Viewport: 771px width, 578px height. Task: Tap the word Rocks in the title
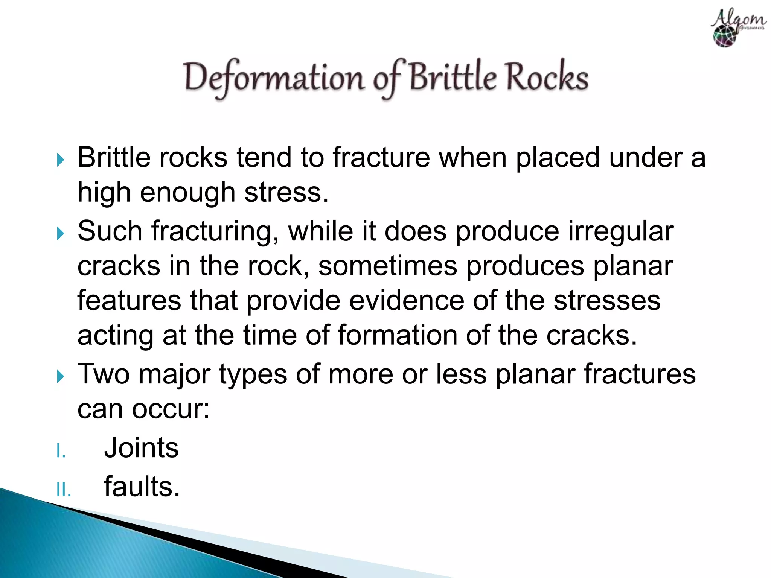546,77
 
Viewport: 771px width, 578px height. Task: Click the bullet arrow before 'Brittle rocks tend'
60,160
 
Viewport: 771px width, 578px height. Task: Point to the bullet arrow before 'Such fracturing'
60,234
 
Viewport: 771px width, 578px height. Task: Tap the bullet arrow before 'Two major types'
60,376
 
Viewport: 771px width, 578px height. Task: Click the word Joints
141,447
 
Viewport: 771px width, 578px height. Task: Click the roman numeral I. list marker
61,451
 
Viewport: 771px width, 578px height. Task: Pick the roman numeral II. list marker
63,490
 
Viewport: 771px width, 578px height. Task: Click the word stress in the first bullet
286,192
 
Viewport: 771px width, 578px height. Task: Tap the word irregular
621,231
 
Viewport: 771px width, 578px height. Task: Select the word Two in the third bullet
104,374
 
